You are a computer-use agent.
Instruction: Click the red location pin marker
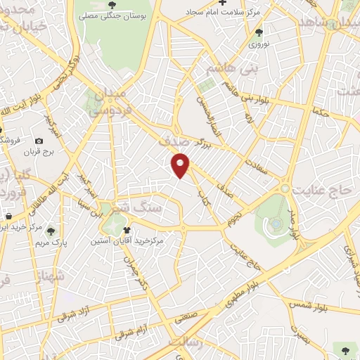[181, 166]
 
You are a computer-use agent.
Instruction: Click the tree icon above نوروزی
[259, 32]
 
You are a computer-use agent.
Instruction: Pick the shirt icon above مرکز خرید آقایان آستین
[127, 229]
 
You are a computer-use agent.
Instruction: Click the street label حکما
[321, 111]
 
